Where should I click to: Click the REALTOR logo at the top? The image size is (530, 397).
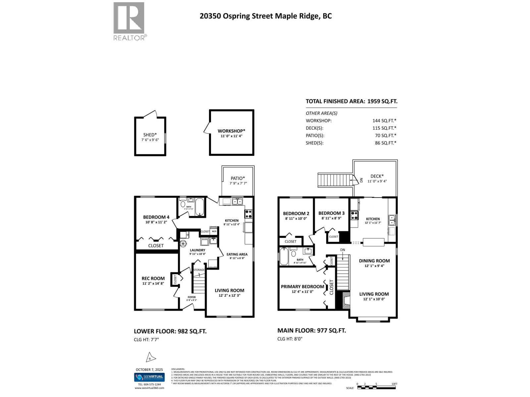tap(129, 21)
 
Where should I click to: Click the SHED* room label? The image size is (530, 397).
tap(150, 135)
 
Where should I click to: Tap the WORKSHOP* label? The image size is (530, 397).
tap(231, 131)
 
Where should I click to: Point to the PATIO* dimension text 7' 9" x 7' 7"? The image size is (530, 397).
tap(238, 183)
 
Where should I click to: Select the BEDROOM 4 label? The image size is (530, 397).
tap(156, 217)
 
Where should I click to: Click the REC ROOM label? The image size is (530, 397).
tap(153, 278)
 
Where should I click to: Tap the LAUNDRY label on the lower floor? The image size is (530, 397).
tap(197, 250)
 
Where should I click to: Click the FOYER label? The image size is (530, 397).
tap(191, 297)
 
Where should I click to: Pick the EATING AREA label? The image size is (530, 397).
tap(237, 254)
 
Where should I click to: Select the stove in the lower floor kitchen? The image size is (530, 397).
tap(248, 214)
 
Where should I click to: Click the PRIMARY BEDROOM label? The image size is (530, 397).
tap(302, 287)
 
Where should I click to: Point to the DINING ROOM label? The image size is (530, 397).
tap(374, 261)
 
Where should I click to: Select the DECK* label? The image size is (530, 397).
tap(377, 176)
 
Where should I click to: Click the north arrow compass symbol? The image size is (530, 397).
tap(150, 358)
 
